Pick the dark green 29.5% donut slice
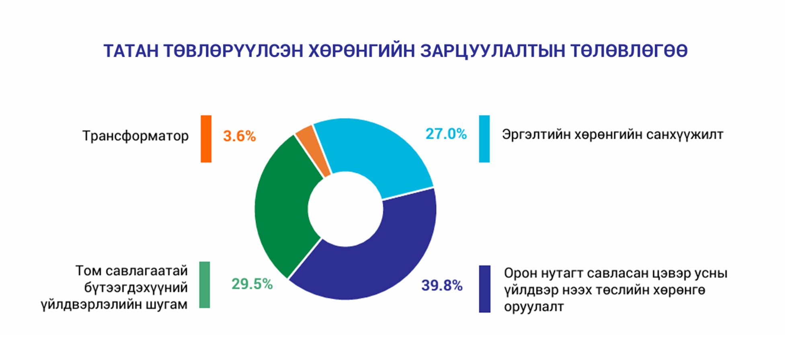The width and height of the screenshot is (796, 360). click(x=283, y=207)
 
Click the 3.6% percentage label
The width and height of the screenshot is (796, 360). click(x=240, y=136)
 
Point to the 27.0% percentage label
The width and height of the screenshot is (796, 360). click(x=446, y=134)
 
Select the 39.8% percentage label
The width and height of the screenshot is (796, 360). click(x=442, y=286)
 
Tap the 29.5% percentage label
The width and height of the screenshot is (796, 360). click(x=252, y=284)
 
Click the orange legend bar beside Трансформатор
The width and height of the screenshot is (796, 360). click(x=206, y=139)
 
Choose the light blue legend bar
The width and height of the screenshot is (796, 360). click(x=484, y=139)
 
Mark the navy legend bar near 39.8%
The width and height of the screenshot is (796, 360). click(x=485, y=289)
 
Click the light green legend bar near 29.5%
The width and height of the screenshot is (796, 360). click(x=205, y=285)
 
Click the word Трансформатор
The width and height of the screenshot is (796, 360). click(x=135, y=136)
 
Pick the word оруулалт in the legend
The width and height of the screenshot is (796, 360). click(x=534, y=307)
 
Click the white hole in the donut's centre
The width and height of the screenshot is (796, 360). click(x=345, y=209)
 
